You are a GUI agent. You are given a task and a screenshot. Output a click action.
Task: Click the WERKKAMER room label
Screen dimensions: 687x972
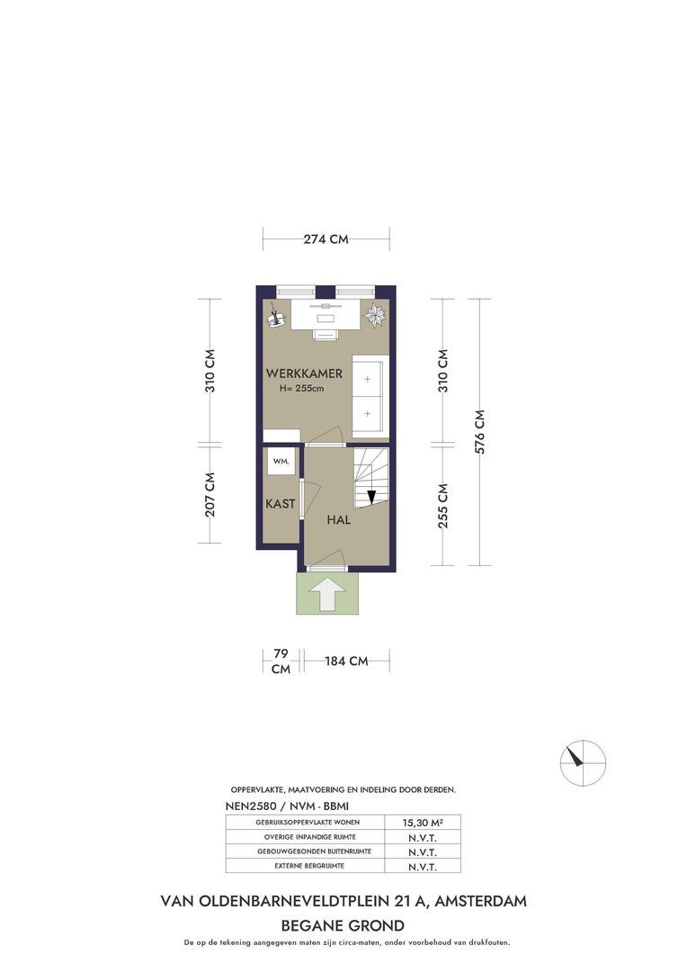(304, 373)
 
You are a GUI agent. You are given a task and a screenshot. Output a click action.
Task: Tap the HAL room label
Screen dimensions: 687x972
(339, 519)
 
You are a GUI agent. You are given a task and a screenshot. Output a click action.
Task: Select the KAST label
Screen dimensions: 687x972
(280, 504)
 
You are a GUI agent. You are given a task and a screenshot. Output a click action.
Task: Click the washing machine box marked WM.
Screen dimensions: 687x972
(281, 461)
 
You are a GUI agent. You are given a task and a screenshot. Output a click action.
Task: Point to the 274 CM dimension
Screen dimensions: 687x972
(326, 238)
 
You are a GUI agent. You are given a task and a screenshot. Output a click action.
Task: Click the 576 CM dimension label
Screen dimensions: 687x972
(480, 432)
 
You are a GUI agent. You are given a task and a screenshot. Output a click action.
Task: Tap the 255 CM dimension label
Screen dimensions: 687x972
(443, 505)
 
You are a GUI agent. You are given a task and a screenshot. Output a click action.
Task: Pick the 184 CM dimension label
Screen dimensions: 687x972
(346, 661)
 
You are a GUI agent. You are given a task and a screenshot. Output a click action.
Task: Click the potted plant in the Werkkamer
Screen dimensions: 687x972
(375, 315)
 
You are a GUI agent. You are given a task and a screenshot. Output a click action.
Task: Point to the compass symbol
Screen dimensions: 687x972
(583, 762)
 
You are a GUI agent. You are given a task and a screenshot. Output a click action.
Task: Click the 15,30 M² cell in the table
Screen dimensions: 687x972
(423, 823)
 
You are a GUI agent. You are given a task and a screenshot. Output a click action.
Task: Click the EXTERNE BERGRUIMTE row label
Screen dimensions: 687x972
(309, 866)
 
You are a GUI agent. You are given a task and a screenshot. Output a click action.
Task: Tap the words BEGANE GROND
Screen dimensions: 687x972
(343, 926)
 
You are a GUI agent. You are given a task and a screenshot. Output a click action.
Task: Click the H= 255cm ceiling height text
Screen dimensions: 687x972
(302, 389)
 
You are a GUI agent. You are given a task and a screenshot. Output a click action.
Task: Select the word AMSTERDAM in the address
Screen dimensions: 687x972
(481, 901)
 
